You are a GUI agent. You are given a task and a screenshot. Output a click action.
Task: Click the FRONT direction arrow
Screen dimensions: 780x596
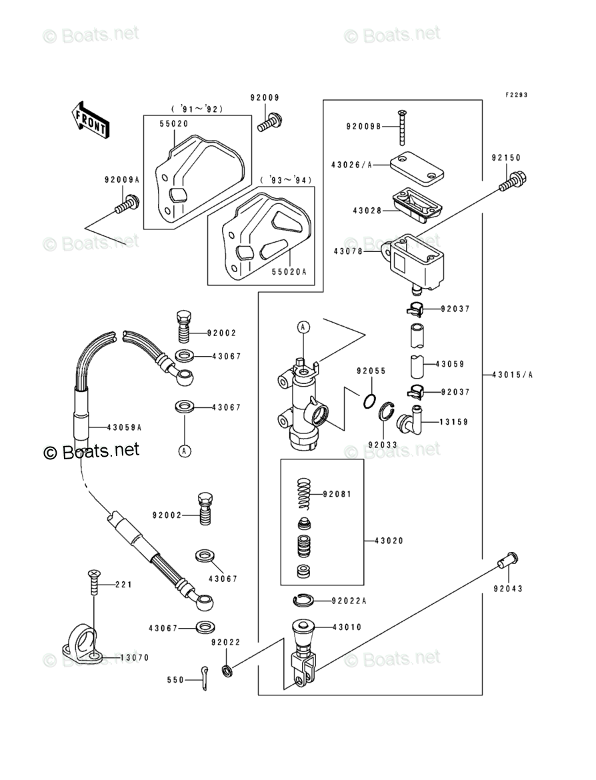pyautogui.click(x=91, y=119)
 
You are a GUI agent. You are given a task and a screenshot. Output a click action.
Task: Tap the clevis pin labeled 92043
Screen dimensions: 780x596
pyautogui.click(x=507, y=561)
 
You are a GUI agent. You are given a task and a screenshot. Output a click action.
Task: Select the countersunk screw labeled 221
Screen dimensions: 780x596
pyautogui.click(x=93, y=584)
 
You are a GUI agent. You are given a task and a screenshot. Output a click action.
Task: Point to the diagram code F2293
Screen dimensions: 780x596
pyautogui.click(x=515, y=95)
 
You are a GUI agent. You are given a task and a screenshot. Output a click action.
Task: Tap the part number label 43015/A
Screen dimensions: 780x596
pyautogui.click(x=513, y=375)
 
